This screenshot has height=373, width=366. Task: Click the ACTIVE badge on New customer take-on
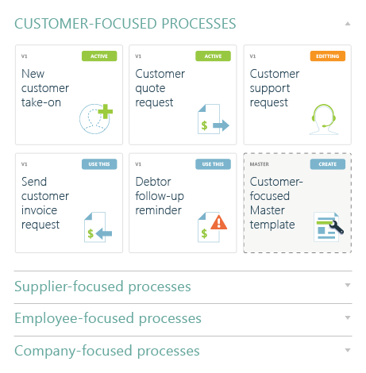[99, 56]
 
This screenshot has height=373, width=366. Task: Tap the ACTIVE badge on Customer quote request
[213, 56]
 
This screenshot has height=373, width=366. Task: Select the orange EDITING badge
[328, 56]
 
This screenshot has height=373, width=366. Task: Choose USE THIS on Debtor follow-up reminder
[213, 164]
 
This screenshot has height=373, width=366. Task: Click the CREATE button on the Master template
[328, 164]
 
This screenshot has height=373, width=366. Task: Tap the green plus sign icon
[106, 111]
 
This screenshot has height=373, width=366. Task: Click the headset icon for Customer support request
[324, 119]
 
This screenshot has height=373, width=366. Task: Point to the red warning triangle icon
[219, 222]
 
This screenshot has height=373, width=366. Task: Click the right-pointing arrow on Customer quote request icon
[221, 125]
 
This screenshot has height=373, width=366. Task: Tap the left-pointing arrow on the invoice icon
[104, 233]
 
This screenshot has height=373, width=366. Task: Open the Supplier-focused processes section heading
[102, 286]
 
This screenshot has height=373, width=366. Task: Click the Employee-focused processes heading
[108, 318]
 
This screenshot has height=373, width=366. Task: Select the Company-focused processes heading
[107, 351]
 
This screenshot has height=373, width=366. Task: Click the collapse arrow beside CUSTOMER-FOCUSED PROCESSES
[348, 24]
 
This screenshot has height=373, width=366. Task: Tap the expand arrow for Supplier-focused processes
[348, 285]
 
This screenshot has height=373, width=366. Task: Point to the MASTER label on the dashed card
[260, 164]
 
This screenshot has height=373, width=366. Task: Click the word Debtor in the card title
[153, 182]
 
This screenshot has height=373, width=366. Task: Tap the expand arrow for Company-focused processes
[348, 350]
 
